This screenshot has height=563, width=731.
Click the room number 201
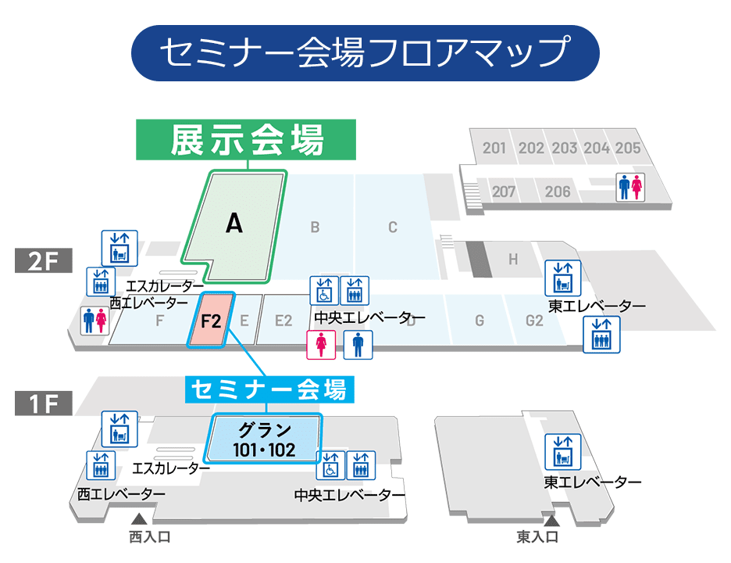click(494, 148)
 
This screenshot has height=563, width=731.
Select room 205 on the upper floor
click(627, 148)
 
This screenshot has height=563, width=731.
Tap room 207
click(504, 191)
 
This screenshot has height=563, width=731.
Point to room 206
click(558, 191)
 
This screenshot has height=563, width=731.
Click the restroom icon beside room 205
click(629, 187)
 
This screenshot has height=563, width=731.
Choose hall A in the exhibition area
click(234, 224)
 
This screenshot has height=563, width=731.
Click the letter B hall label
click(315, 228)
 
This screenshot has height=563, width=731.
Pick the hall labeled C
click(393, 228)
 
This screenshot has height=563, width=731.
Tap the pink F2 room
click(211, 319)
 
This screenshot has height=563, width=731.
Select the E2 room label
click(283, 320)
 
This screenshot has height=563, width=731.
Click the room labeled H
click(513, 260)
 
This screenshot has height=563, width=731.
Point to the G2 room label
click(534, 320)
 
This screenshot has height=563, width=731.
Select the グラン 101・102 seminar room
click(265, 439)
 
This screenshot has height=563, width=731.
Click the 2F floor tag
click(44, 261)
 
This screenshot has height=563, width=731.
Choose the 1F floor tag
click(44, 403)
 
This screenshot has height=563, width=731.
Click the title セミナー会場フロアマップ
click(365, 53)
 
